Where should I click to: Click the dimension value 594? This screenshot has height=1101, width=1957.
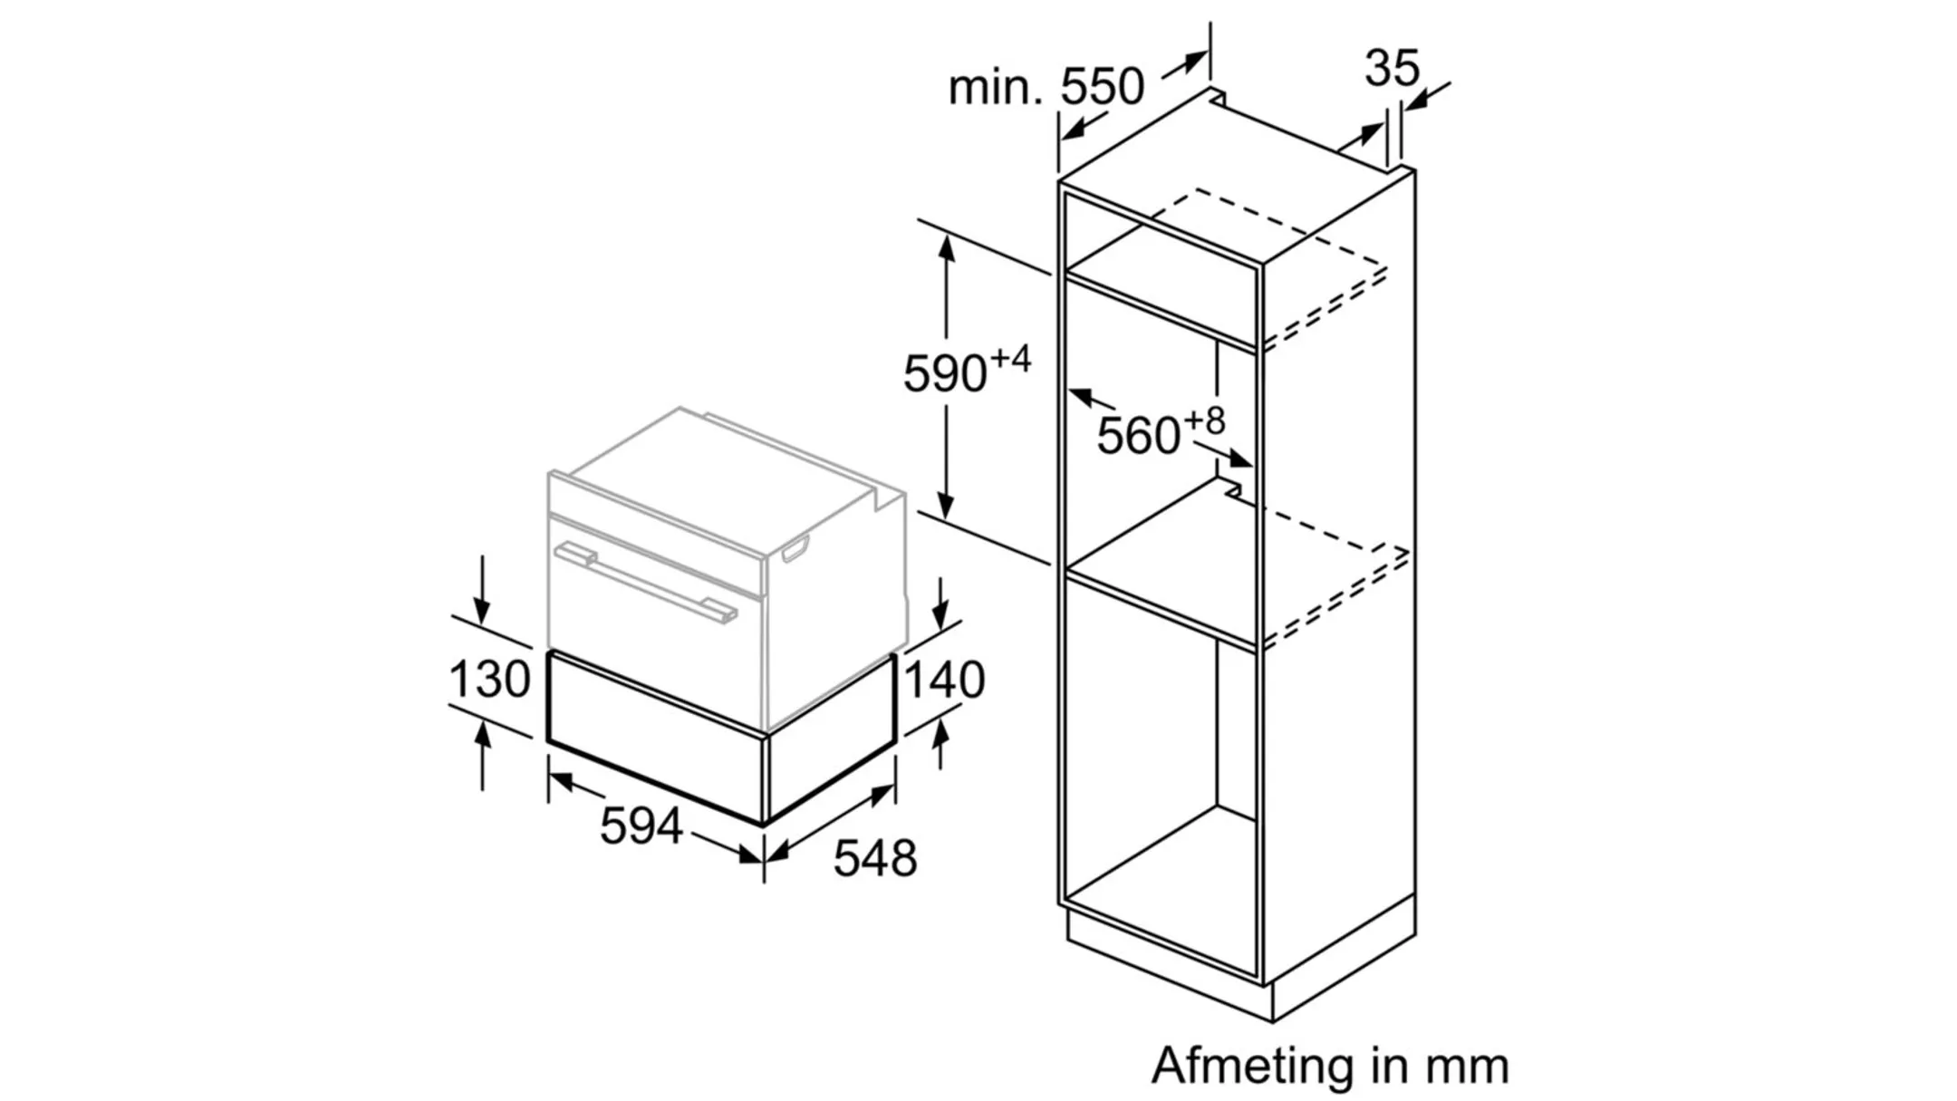click(641, 826)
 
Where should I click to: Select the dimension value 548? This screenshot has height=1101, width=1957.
click(874, 858)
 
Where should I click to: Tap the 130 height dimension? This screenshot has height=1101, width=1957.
click(489, 679)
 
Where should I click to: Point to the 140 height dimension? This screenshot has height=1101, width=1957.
click(944, 680)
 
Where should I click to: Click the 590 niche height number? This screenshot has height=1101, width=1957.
click(944, 373)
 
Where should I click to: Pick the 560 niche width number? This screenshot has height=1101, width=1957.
click(1138, 436)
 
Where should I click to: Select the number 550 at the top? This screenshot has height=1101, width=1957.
click(1102, 87)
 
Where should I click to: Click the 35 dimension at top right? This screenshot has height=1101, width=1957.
click(1392, 68)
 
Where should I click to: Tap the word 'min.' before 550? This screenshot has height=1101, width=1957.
click(995, 89)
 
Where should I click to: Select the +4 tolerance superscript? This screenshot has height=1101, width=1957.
click(1010, 359)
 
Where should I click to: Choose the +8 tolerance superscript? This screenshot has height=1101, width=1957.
click(1204, 420)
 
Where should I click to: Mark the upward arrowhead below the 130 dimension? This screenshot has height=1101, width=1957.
click(483, 732)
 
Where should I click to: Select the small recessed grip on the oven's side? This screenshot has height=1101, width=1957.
click(795, 549)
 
